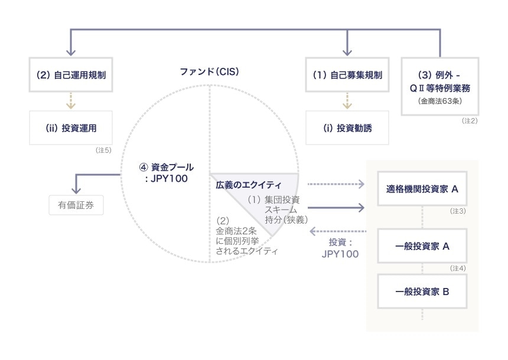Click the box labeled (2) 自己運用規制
[x=71, y=75]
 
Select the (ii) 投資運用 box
[x=71, y=127]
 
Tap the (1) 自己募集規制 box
[x=347, y=75]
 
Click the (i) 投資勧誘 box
[x=347, y=127]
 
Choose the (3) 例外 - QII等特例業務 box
[x=440, y=86]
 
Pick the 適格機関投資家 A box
[x=422, y=189]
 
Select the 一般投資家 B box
[x=422, y=291]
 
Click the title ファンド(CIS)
[x=209, y=72]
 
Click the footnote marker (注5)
[x=103, y=150]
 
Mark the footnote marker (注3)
[x=458, y=211]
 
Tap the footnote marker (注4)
[x=458, y=268]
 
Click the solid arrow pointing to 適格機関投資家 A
[x=336, y=207]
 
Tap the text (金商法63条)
[x=440, y=102]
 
